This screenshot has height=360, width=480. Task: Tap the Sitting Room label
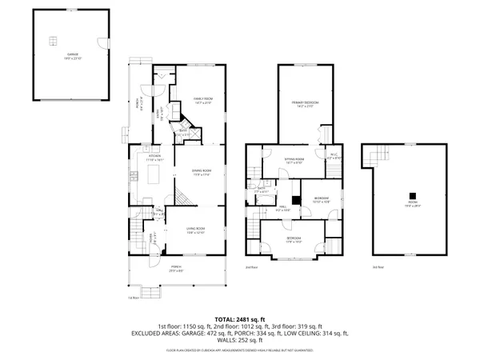pos(296,160)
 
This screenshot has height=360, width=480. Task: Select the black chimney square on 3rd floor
pos(413,194)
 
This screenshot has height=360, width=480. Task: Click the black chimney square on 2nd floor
pos(296,199)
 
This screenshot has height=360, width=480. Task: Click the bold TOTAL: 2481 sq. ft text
pos(239,318)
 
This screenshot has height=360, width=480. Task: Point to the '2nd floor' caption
pos(251,266)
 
